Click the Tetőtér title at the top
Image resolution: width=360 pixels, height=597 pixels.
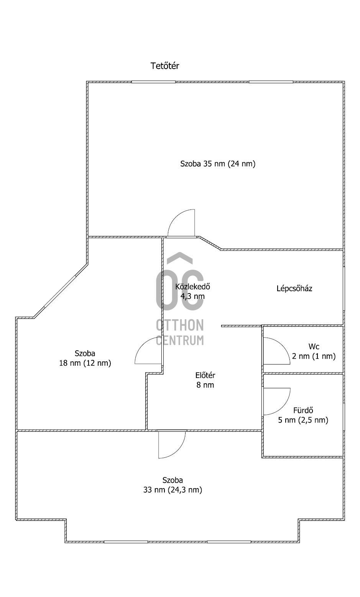point(165,66)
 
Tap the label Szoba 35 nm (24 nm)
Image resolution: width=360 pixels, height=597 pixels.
point(218,164)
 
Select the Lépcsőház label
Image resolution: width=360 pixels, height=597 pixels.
point(294,289)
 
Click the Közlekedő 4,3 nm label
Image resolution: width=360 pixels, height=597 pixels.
point(192,291)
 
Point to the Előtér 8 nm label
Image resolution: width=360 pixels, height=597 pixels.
point(205,380)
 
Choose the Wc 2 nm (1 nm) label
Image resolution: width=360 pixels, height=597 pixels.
point(314,351)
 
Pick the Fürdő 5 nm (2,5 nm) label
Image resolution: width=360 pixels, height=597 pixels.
point(303,415)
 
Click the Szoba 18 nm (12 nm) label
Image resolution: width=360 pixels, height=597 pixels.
point(85,358)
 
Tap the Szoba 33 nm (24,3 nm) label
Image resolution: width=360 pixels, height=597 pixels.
point(173,485)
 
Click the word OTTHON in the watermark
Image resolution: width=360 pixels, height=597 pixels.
point(180,325)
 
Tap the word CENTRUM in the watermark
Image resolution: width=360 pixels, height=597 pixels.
point(180,340)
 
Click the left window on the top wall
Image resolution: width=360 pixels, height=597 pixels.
point(153,82)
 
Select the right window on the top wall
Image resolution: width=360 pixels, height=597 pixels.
point(271,82)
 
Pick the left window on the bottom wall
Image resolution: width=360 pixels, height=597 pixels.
point(126,542)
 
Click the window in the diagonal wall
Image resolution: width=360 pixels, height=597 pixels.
point(60,291)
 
